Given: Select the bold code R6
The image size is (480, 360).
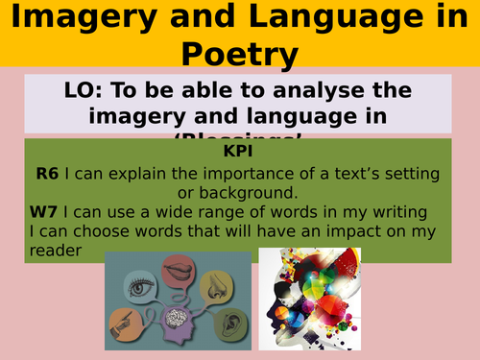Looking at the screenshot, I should click(47, 173).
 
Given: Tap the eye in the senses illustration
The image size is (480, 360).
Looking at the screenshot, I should click(135, 284).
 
